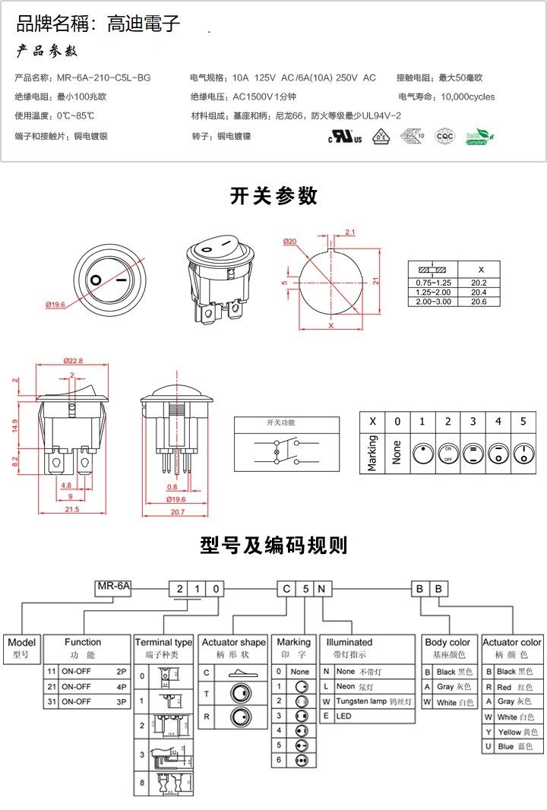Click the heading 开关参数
coord(273,196)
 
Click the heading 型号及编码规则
coord(273,545)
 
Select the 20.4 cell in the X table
coord(479,292)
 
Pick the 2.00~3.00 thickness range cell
coord(433,302)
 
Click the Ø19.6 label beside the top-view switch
coord(55,305)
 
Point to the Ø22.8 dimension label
coord(73,360)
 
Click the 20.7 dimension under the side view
coord(177,512)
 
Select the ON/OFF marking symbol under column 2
coord(447,454)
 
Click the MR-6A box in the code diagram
coord(114,587)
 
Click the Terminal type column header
coord(163,642)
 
